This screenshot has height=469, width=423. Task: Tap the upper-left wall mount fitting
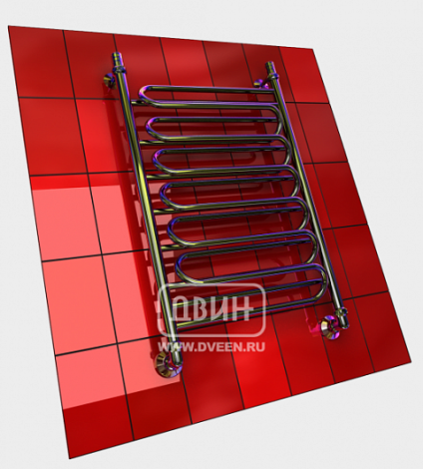(x=109, y=80)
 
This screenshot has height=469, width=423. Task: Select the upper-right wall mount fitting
(x=261, y=83)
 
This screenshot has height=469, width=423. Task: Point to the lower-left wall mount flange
(x=166, y=365)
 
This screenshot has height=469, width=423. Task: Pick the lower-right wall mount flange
(x=330, y=326)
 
